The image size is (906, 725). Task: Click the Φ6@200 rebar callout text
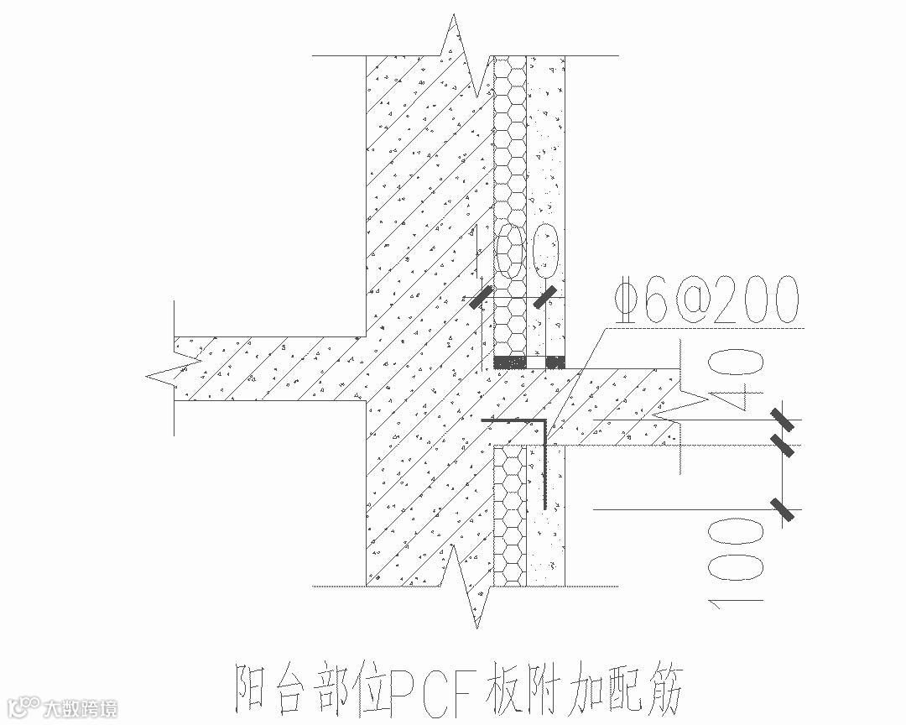(x=706, y=300)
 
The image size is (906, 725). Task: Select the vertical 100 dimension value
(x=736, y=559)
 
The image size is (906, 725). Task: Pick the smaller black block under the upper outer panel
(x=556, y=362)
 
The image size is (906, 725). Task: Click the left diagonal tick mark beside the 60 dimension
(x=480, y=297)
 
